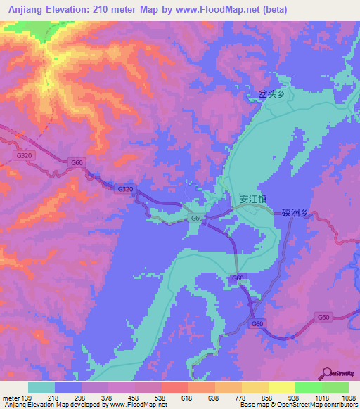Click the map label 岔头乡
271,94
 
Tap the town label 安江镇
253,199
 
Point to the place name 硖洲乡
295,214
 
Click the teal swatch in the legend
41,387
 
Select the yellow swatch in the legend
282,387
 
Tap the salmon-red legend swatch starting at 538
174,387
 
